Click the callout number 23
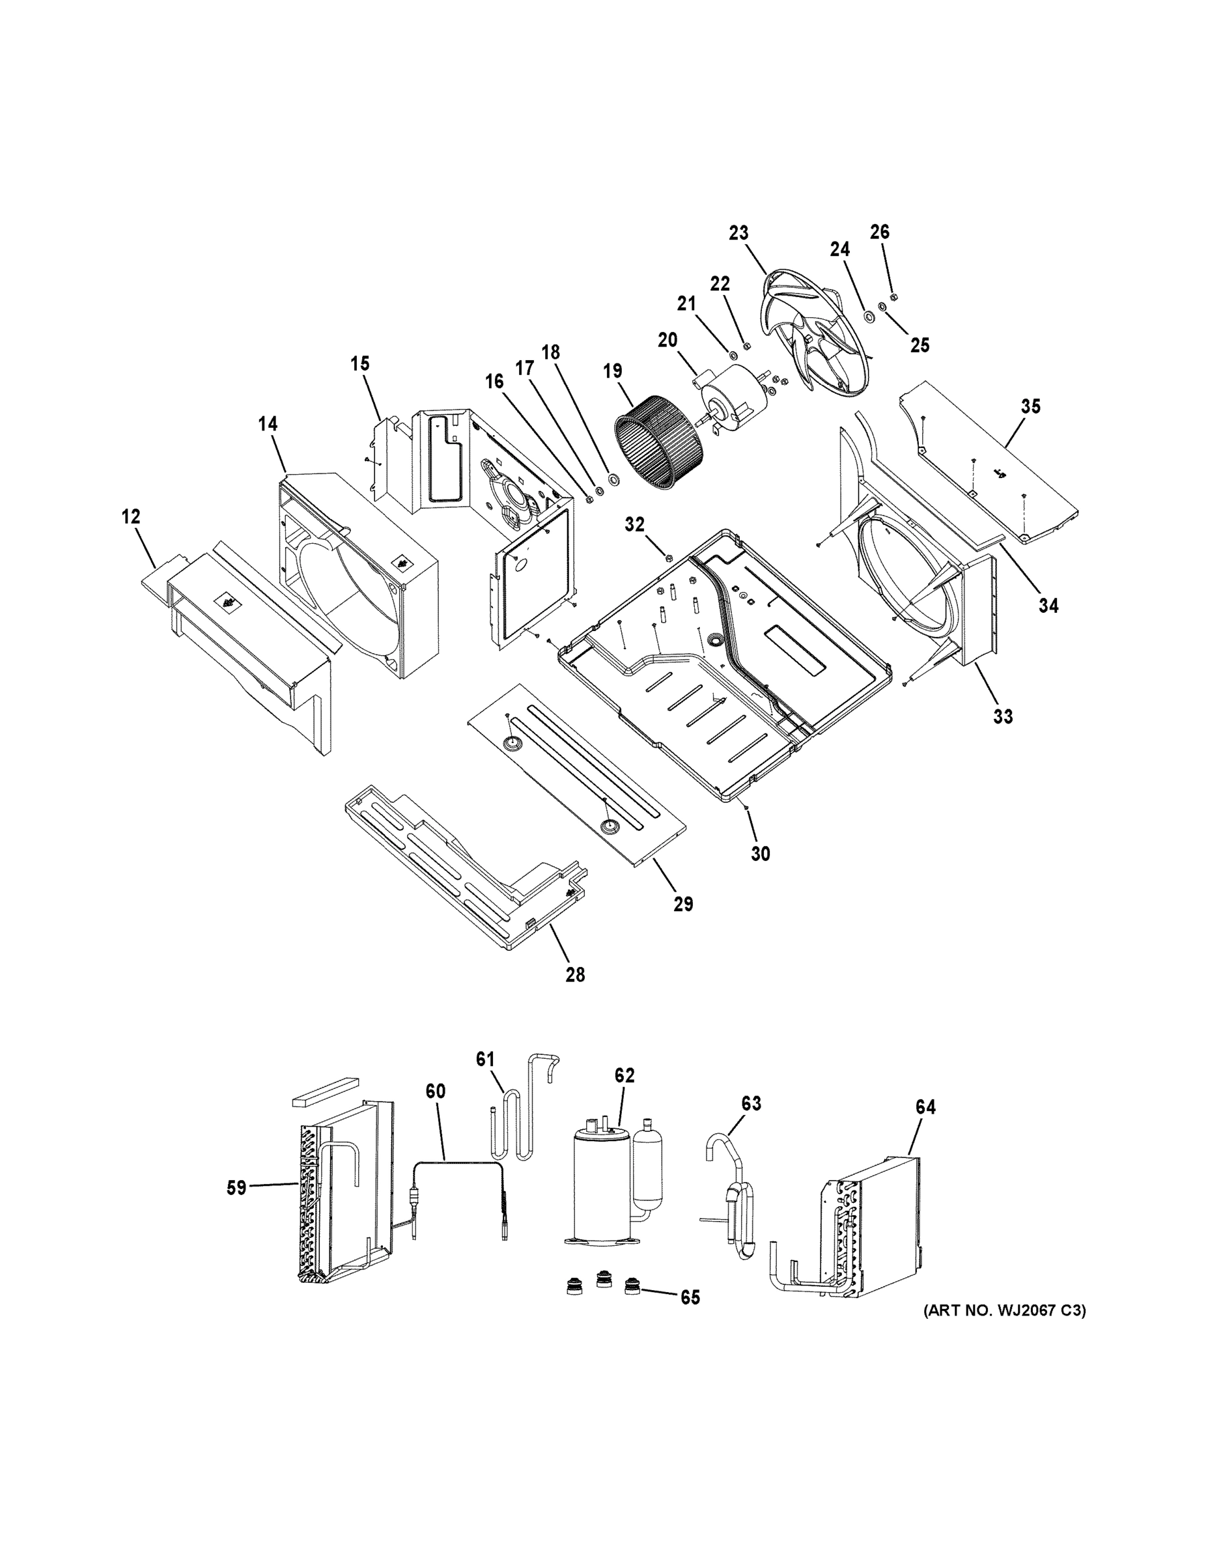click(x=738, y=232)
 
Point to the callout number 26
click(x=880, y=232)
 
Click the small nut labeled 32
click(x=668, y=557)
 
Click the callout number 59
click(x=236, y=1188)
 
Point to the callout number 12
click(x=131, y=516)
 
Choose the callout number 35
click(x=1030, y=406)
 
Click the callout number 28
click(x=574, y=974)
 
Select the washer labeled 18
click(x=613, y=478)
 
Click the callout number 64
click(x=925, y=1107)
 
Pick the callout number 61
click(x=486, y=1078)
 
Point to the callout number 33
click(x=1004, y=716)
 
